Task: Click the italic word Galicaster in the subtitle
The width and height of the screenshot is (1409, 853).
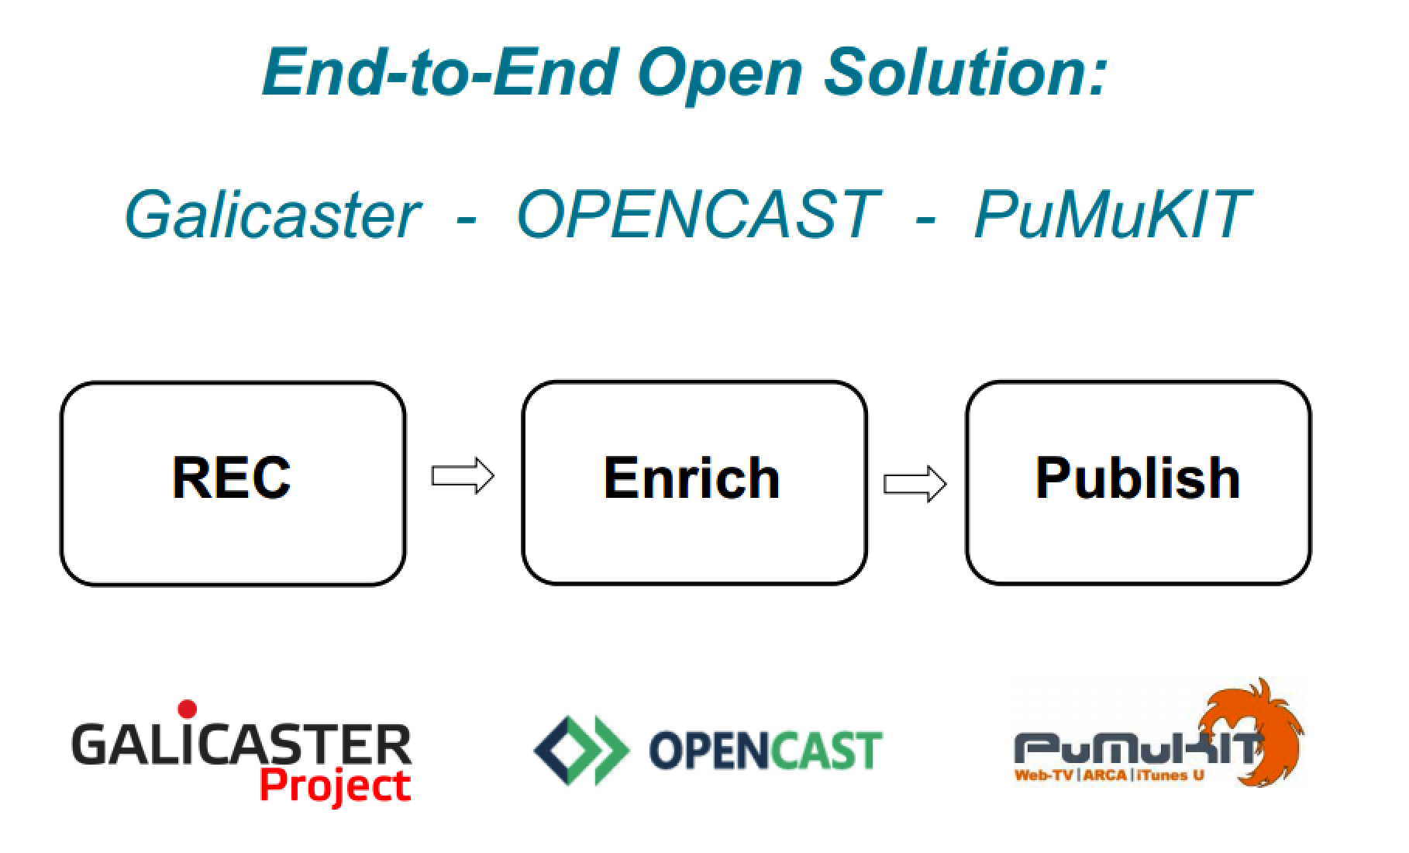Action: (273, 215)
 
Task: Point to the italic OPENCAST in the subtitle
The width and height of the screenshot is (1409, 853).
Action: (698, 215)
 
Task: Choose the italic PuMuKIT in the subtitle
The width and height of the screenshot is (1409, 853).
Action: (1112, 215)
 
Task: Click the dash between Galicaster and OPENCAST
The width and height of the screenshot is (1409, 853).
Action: (466, 217)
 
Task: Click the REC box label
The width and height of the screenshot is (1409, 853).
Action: (231, 478)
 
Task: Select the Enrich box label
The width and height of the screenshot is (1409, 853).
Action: (691, 478)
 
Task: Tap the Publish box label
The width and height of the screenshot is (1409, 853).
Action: (1137, 478)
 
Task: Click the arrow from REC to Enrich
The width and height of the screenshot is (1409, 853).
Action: (463, 475)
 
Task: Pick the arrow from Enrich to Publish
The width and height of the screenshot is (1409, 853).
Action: (915, 484)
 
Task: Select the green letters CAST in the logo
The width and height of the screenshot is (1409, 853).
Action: (822, 751)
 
